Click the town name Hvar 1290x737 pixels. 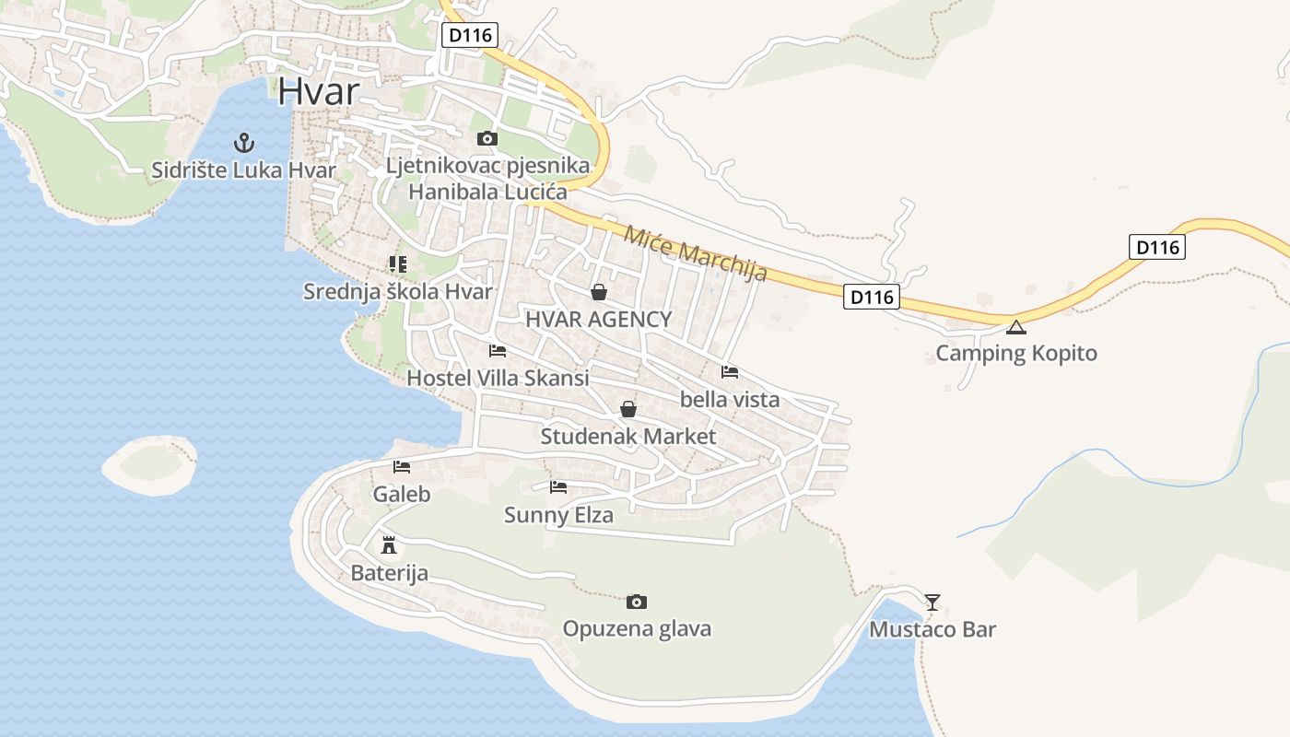[318, 92]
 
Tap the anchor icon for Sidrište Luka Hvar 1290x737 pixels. [244, 142]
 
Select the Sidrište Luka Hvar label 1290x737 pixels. [244, 170]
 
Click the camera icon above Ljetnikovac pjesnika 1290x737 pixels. [487, 139]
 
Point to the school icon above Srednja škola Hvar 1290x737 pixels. [397, 264]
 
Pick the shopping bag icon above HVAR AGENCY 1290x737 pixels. [599, 292]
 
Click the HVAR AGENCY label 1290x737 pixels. [599, 320]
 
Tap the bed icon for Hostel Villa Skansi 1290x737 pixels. [498, 351]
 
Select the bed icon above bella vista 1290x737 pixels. [730, 372]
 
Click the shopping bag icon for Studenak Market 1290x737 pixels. [628, 408]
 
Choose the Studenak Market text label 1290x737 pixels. [628, 437]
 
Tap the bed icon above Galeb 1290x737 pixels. [402, 467]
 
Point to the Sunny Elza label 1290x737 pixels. [558, 515]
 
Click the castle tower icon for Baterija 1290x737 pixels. [389, 544]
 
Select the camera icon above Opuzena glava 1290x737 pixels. [637, 602]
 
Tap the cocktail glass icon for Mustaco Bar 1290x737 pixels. [932, 602]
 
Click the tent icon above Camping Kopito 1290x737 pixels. [1016, 327]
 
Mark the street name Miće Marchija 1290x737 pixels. [696, 252]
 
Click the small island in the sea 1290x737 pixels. [149, 464]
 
